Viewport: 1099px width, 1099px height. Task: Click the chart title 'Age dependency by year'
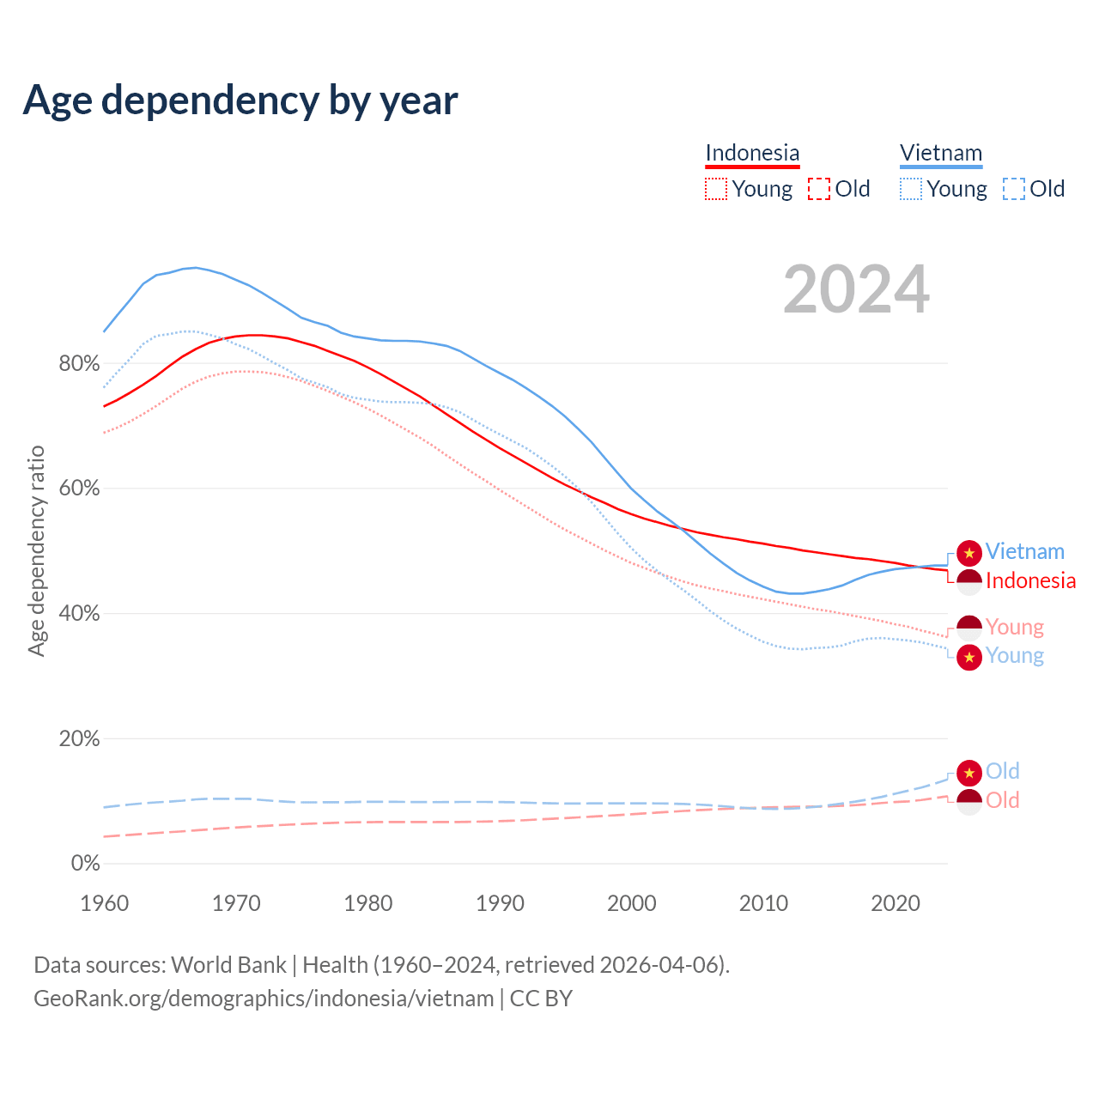[240, 100]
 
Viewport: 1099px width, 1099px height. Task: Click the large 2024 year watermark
[856, 289]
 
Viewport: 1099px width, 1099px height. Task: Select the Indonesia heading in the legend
[752, 153]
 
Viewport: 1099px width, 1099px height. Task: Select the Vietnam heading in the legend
[941, 153]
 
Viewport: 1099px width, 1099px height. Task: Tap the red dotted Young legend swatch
[716, 189]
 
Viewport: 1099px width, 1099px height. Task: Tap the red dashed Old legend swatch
[819, 189]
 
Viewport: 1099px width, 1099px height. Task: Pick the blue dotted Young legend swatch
[911, 189]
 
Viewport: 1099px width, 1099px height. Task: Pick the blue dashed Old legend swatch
[1014, 189]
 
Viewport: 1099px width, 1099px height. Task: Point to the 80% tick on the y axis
[79, 364]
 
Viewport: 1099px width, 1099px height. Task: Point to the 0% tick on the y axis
[85, 864]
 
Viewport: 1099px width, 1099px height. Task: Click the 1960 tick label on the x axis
[104, 903]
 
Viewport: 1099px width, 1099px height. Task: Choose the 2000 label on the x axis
[632, 903]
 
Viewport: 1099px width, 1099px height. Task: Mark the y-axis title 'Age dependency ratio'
[36, 550]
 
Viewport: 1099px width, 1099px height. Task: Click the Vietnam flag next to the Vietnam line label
[969, 553]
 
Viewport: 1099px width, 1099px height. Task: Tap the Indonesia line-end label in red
[1030, 581]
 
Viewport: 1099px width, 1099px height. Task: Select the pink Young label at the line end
[1015, 628]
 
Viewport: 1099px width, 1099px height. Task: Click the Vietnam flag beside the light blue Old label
[969, 773]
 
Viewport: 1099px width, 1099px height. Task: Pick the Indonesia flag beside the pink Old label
[969, 802]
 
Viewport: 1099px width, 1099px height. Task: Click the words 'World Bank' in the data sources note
[228, 965]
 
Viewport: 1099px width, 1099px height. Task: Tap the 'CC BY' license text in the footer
[541, 999]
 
